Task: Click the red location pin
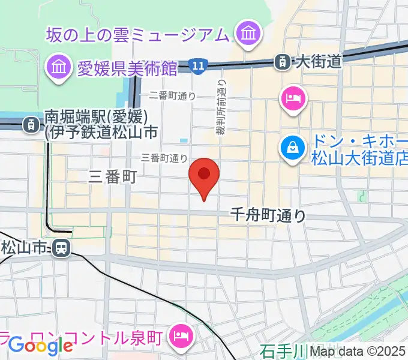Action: point(204,176)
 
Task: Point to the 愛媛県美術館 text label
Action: point(127,68)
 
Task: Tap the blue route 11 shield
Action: point(196,65)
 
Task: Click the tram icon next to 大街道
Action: point(281,61)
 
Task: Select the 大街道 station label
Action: point(318,61)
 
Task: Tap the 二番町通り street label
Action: point(172,95)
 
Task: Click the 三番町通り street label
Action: point(164,158)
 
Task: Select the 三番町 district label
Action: point(113,176)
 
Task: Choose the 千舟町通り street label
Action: point(269,215)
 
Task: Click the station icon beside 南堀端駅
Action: point(29,124)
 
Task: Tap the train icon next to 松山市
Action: point(60,247)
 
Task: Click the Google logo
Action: point(40,345)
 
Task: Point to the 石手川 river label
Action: point(283,350)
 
